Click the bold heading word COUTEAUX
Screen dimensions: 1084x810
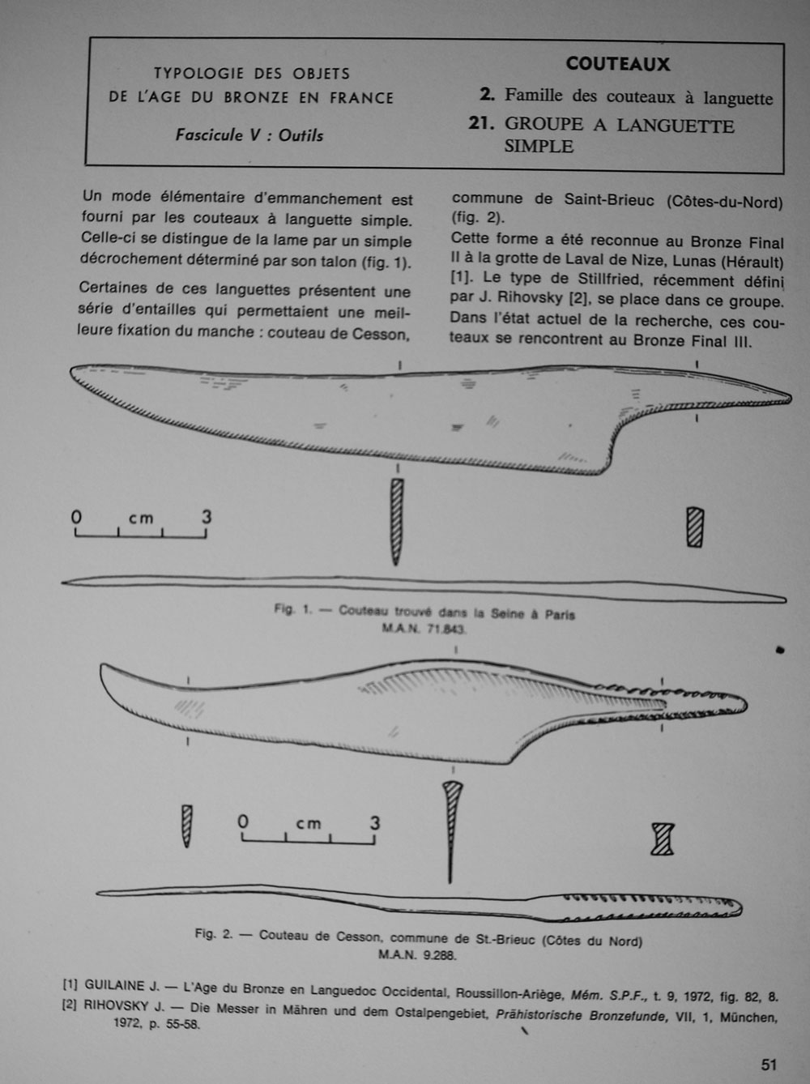617,64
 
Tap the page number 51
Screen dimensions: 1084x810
769,1065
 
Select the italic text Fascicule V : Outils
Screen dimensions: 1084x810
249,135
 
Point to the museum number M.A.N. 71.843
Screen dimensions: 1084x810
424,629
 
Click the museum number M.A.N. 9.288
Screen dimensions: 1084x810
417,954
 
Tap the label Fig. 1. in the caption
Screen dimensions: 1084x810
292,609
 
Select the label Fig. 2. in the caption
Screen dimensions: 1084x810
214,934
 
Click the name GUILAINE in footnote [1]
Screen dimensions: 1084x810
115,986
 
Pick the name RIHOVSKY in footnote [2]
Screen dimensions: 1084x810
117,1005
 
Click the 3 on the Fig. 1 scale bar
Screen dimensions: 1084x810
207,516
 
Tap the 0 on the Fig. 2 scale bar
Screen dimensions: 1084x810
243,822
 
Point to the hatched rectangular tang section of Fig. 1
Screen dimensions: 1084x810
694,527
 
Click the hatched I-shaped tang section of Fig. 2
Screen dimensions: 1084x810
663,839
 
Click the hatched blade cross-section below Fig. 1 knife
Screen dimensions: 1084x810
397,520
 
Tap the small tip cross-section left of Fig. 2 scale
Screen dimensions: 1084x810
187,825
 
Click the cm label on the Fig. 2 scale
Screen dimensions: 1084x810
308,824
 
